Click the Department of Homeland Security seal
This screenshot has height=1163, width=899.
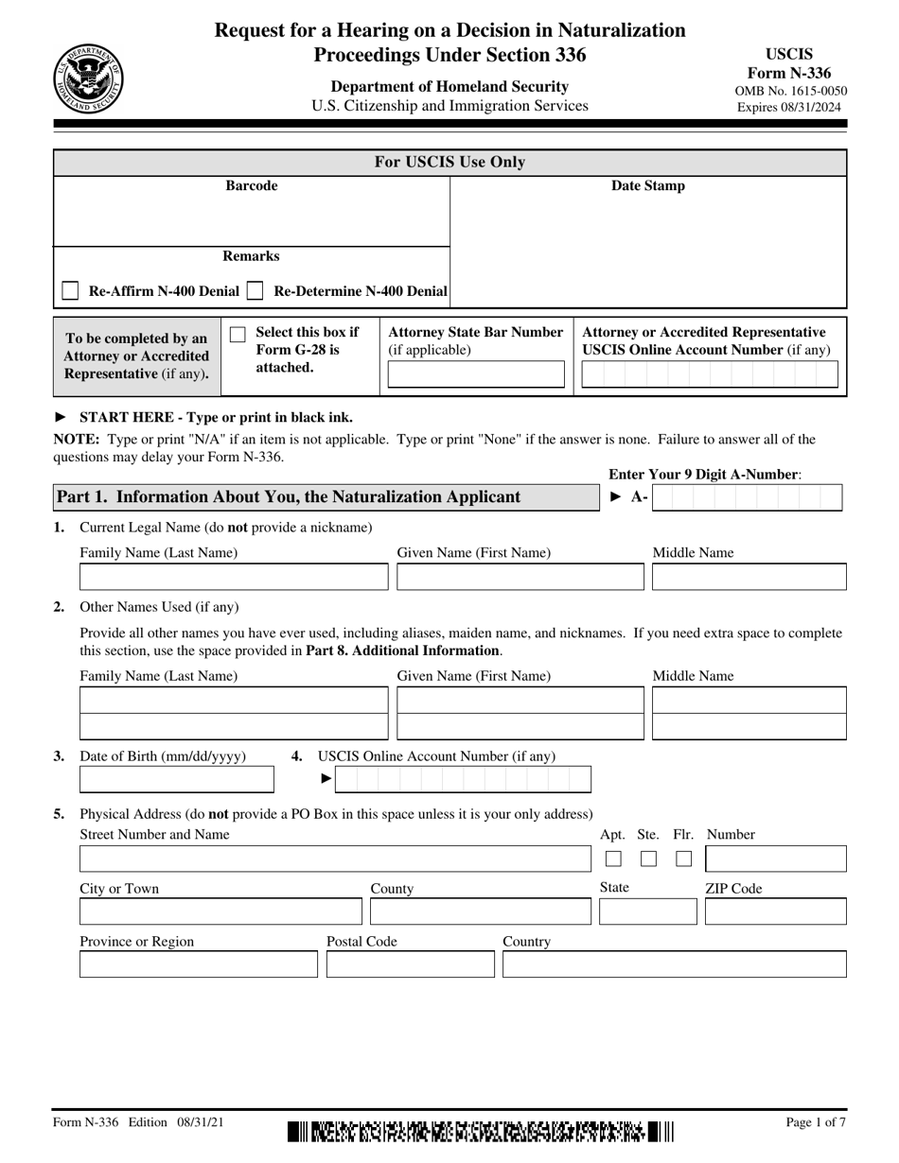(88, 78)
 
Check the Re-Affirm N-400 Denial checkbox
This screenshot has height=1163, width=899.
(70, 291)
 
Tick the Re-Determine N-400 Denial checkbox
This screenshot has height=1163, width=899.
(254, 291)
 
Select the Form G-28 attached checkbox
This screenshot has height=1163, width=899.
(238, 334)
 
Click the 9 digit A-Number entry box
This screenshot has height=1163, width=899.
(747, 497)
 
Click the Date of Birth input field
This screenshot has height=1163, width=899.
(176, 779)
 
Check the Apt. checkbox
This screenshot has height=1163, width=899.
(613, 859)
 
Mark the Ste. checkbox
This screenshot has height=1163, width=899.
(648, 859)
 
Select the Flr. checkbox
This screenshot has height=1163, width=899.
(684, 859)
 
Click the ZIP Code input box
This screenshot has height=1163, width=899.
(775, 911)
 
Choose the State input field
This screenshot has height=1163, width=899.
(647, 911)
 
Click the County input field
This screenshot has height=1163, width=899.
(480, 911)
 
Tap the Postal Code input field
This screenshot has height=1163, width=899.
(410, 964)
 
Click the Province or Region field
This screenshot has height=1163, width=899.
(199, 964)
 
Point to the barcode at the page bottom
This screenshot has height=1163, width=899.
(481, 1131)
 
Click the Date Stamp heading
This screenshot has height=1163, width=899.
(647, 186)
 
